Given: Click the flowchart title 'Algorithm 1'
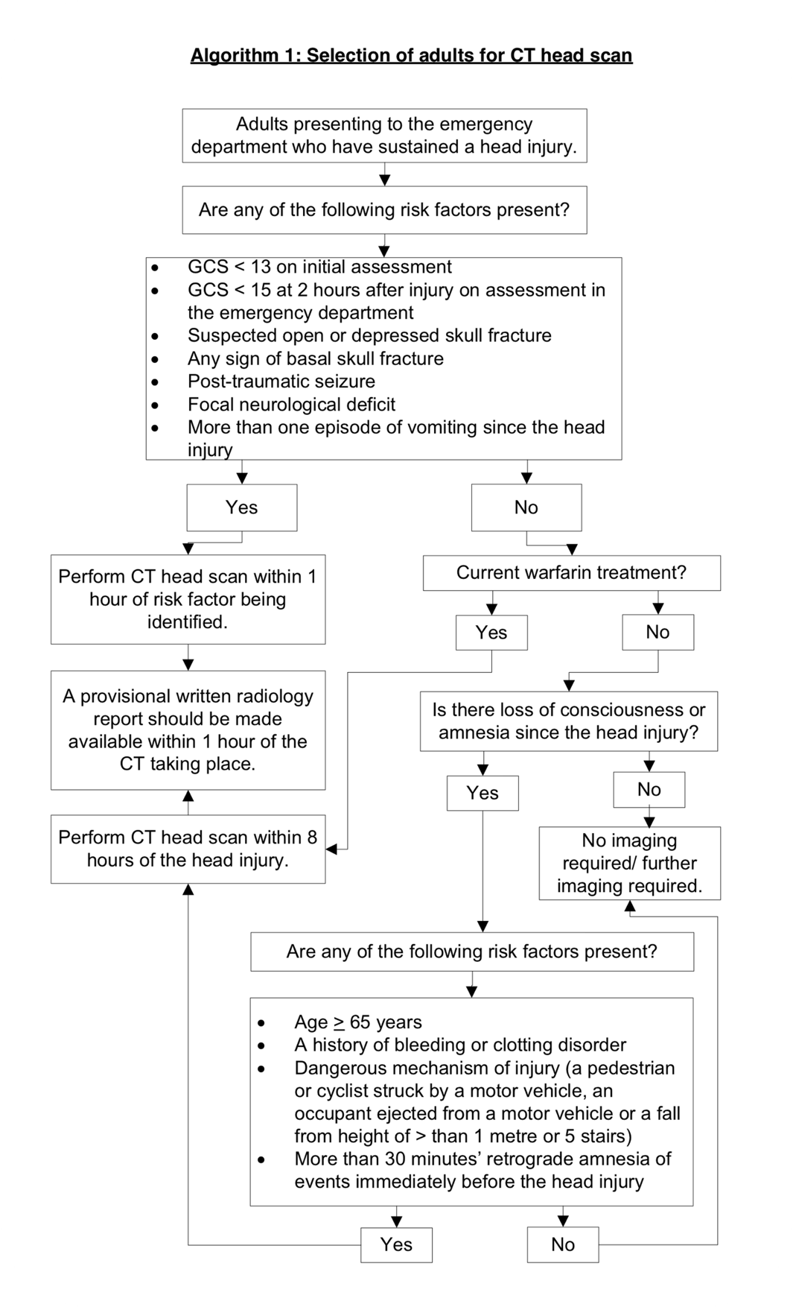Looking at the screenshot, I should tap(411, 56).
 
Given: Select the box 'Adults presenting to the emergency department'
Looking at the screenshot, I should tap(384, 136).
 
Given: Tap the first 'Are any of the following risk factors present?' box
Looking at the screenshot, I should tap(384, 210).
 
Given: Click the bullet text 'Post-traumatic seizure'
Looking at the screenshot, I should tap(281, 382).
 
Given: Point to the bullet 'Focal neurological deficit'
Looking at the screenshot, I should tap(291, 405).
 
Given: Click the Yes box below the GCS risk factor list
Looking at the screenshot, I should tap(241, 507).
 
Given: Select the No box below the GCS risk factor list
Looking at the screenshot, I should tap(526, 507).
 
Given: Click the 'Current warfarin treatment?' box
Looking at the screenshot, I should tap(571, 573).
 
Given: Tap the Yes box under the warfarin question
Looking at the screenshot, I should tap(491, 633).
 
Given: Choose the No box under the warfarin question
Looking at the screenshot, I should tap(657, 633).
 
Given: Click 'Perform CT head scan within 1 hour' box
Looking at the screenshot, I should tap(188, 599).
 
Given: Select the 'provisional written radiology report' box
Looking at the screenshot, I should tap(188, 730).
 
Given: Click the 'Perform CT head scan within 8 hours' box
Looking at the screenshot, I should tap(188, 849).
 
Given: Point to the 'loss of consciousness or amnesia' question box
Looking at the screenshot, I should tap(569, 721).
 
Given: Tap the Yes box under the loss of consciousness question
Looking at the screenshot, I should tap(483, 793).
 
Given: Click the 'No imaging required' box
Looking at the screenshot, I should tap(629, 863).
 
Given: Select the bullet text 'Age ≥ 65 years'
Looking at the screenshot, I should tap(357, 1022).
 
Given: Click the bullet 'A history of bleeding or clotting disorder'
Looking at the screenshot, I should tap(459, 1045).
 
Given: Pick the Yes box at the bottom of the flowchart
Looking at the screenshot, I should tap(396, 1244).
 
